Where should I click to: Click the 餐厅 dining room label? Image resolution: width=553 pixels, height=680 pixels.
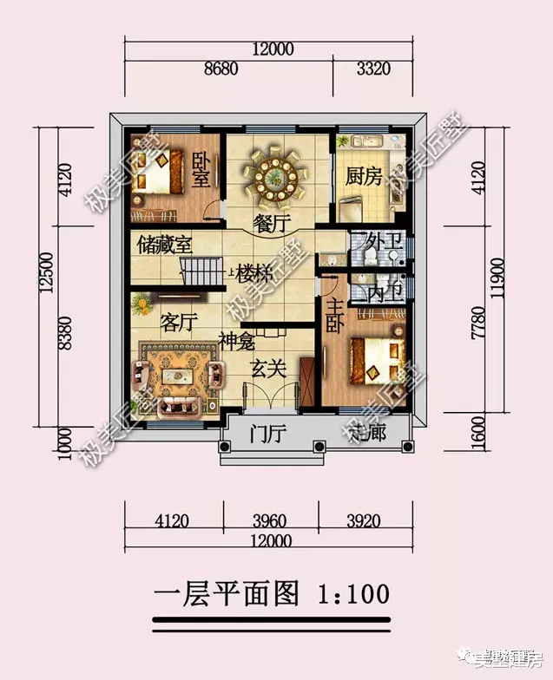tap(271, 223)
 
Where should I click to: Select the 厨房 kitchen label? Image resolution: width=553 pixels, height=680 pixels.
tap(361, 177)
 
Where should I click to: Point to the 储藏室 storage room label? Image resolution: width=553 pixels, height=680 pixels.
tap(164, 245)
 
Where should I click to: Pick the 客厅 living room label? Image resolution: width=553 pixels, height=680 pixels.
tap(177, 323)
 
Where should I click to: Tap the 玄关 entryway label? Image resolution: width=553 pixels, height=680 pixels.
tap(269, 368)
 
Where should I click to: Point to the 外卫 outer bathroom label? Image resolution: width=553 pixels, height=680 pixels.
tap(383, 239)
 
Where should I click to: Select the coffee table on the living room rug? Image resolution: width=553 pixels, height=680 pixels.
tap(178, 376)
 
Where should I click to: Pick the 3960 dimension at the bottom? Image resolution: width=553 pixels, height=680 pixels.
tap(271, 522)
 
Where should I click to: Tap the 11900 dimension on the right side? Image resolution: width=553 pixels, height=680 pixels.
tap(496, 277)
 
